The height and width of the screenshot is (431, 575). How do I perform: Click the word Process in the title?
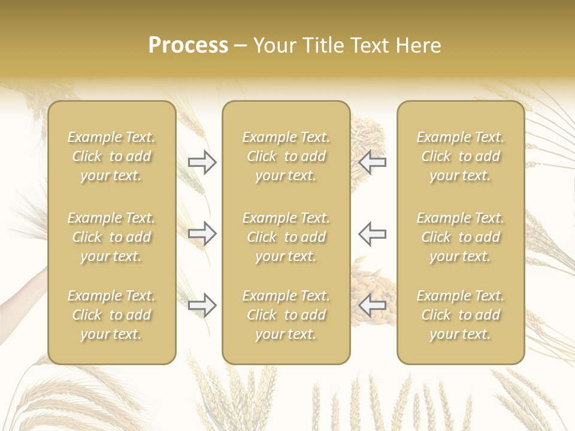pyautogui.click(x=188, y=45)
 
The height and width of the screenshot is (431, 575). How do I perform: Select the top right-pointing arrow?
pyautogui.click(x=202, y=162)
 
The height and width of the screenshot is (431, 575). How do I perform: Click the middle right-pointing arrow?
pyautogui.click(x=202, y=233)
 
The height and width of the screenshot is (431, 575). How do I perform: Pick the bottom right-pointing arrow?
pyautogui.click(x=202, y=306)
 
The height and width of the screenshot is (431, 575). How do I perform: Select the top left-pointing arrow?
pyautogui.click(x=373, y=162)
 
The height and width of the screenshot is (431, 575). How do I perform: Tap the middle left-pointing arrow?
pyautogui.click(x=373, y=233)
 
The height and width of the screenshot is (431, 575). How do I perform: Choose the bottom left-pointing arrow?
pyautogui.click(x=373, y=306)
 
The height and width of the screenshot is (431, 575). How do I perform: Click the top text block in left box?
pyautogui.click(x=111, y=156)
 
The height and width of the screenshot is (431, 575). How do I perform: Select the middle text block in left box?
pyautogui.click(x=111, y=237)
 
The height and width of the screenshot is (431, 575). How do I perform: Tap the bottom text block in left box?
pyautogui.click(x=111, y=315)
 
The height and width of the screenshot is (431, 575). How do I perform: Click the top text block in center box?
pyautogui.click(x=286, y=156)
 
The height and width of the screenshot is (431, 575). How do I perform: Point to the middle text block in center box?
pyautogui.click(x=286, y=237)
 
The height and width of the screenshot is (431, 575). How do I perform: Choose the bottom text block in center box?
pyautogui.click(x=286, y=315)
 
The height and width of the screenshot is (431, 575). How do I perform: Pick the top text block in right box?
pyautogui.click(x=461, y=156)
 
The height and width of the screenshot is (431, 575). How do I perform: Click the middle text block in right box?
pyautogui.click(x=461, y=237)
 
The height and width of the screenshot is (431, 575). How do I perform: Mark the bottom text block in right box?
pyautogui.click(x=461, y=315)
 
